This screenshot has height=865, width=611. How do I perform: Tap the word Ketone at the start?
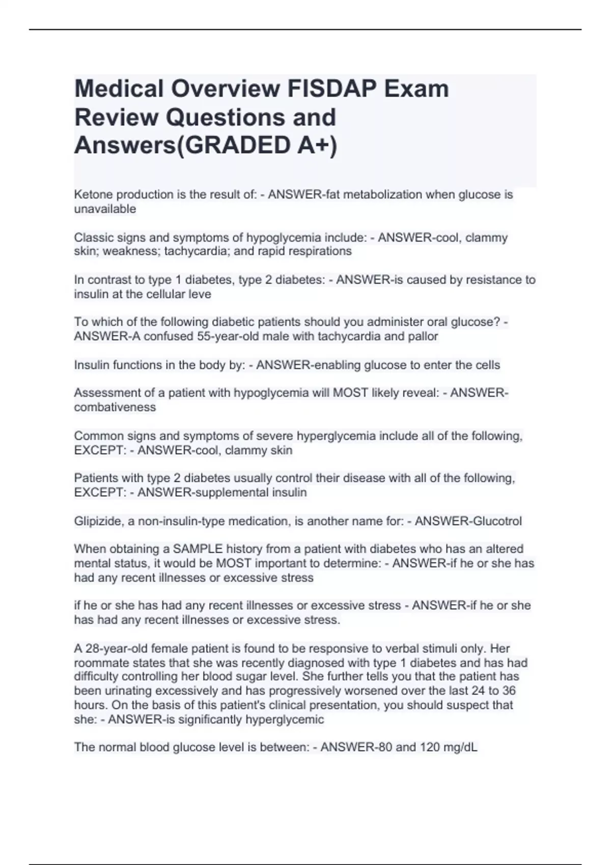(91, 194)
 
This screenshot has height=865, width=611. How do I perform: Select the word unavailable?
(105, 209)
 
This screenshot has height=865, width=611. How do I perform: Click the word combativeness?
(115, 407)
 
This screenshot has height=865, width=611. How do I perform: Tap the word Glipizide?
(98, 521)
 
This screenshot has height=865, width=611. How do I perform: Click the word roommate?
(100, 663)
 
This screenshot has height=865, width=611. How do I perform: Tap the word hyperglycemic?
(285, 719)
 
